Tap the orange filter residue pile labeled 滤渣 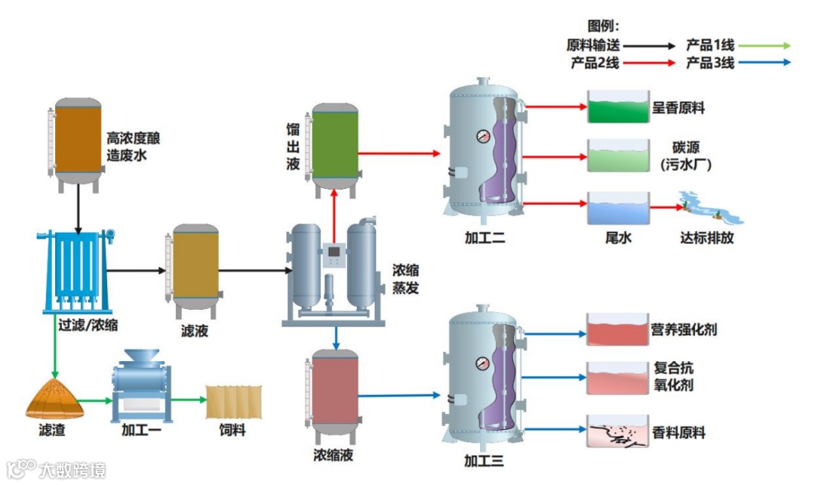click(x=54, y=399)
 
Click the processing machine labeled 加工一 click(x=142, y=385)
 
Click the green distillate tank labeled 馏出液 click(x=336, y=145)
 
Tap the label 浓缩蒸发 click(x=405, y=279)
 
